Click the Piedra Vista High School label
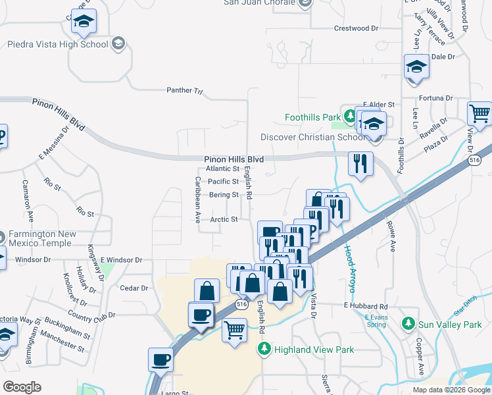pos(57,45)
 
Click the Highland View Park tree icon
pos(264,350)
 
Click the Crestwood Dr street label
pos(357,28)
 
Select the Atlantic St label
pos(222,169)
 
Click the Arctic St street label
pos(224,220)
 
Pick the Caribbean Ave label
pos(197,200)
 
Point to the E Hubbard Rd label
pos(366,307)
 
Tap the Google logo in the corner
pos(22,387)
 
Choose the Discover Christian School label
pos(312,137)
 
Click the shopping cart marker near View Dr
pos(480,114)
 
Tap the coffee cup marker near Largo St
pos(160,360)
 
